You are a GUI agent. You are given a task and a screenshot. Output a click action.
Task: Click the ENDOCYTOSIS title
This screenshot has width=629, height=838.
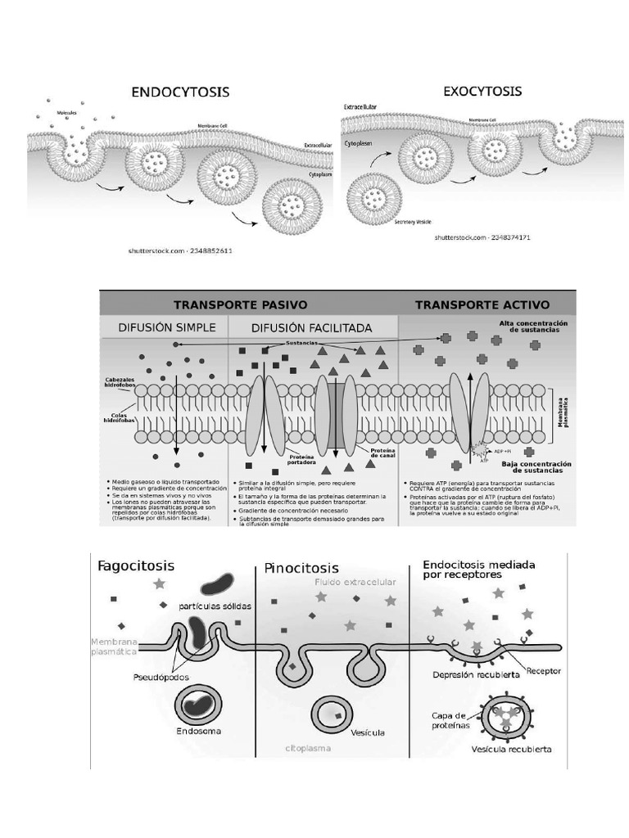tap(180, 92)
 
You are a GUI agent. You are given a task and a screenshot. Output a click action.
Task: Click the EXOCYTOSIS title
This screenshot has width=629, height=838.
tap(482, 92)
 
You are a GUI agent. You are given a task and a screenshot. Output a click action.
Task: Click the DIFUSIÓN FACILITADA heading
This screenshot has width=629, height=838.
tap(311, 327)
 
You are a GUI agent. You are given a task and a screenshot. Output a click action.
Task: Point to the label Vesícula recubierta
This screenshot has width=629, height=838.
tap(511, 749)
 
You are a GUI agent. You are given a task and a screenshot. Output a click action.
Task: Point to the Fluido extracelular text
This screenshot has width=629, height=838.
tap(355, 582)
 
